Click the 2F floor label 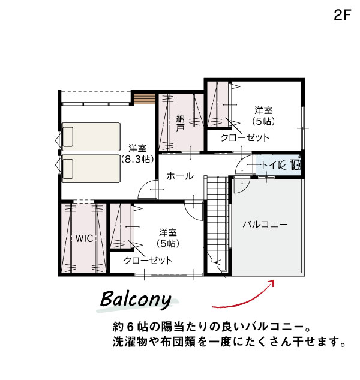(343, 15)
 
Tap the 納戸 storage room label (180, 123)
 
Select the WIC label (84, 238)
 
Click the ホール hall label (180, 176)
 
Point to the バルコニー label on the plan (265, 224)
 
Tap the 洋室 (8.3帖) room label (137, 154)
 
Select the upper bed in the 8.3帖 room (91, 137)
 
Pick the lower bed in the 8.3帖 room (91, 169)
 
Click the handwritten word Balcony (136, 300)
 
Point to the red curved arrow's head (271, 283)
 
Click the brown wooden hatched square (145, 99)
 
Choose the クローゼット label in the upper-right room (245, 137)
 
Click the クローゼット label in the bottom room (148, 261)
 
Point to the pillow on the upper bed (68, 137)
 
